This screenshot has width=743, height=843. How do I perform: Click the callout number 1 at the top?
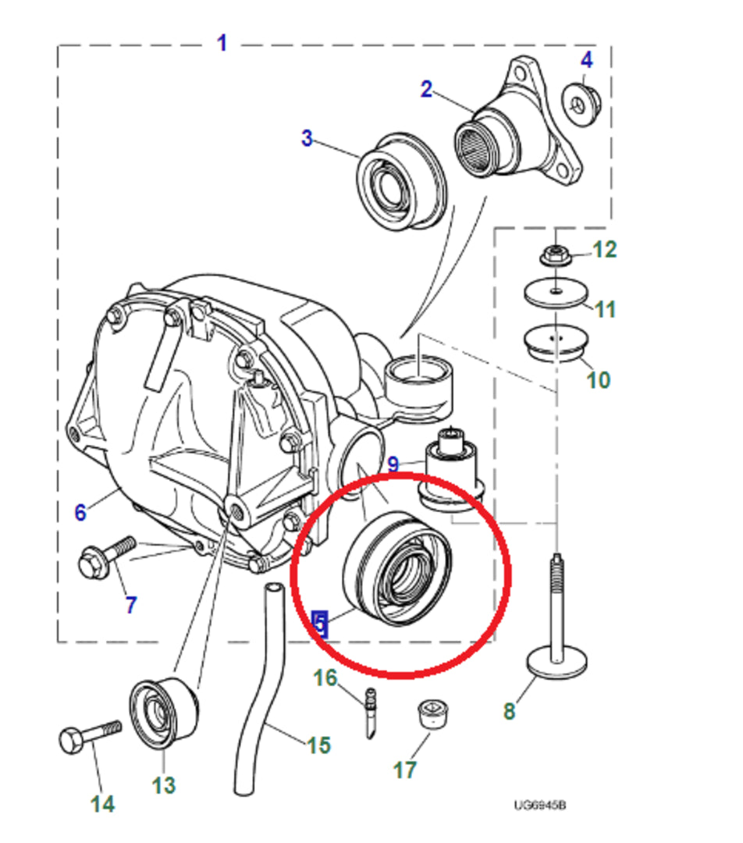[x=222, y=42]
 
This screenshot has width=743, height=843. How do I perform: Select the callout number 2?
[x=426, y=89]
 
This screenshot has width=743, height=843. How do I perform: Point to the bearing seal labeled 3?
[x=400, y=183]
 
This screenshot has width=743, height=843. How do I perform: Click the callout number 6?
[x=80, y=513]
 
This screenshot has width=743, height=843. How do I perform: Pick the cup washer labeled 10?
[x=555, y=343]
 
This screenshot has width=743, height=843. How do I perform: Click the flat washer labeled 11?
[x=555, y=293]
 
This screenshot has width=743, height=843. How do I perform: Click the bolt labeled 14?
[x=89, y=736]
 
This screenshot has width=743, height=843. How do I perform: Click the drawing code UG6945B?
[x=539, y=805]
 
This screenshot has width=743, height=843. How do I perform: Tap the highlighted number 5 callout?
[x=319, y=623]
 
